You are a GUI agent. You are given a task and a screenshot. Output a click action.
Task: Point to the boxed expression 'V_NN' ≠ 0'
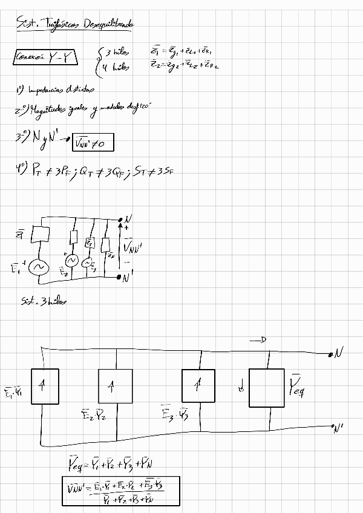point(93,143)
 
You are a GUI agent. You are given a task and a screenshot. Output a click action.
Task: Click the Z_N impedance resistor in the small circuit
point(105,246)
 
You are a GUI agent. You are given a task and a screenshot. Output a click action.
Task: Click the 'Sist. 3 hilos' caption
point(43,301)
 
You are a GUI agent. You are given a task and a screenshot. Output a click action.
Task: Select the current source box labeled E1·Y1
point(42,387)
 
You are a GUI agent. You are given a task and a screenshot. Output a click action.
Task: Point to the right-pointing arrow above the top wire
point(258,341)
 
